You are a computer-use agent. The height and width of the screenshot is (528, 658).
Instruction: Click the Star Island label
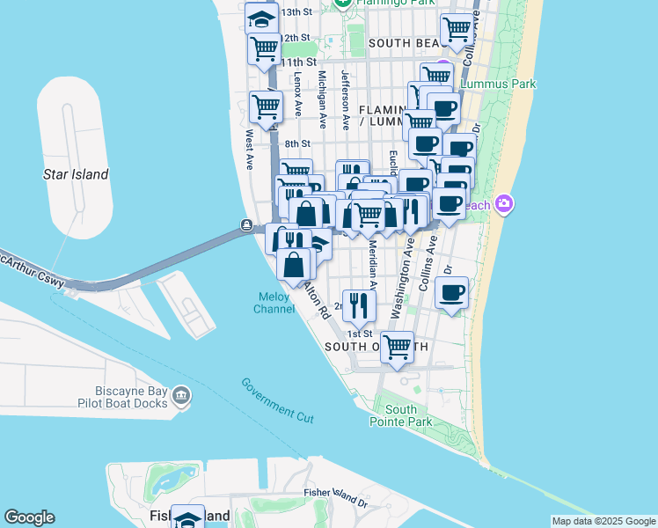[76, 174]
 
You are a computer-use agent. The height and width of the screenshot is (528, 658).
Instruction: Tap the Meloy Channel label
[274, 303]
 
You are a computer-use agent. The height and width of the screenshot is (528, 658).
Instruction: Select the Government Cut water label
[277, 400]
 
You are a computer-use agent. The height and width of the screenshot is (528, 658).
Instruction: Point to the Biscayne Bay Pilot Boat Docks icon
[181, 396]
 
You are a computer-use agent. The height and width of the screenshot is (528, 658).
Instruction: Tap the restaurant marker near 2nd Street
[358, 304]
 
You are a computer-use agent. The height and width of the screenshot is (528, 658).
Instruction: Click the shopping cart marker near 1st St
[397, 346]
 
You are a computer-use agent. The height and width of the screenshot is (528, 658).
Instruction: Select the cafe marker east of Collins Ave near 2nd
[452, 292]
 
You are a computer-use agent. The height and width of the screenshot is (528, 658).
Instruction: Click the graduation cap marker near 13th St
[261, 18]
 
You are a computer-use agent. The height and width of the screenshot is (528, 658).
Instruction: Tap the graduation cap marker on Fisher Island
[187, 517]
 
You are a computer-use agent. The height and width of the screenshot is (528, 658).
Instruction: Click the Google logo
[29, 517]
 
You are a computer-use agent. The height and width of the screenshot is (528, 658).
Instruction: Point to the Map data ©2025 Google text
[603, 521]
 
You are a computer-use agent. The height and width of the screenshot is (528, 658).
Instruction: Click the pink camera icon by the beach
[504, 204]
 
